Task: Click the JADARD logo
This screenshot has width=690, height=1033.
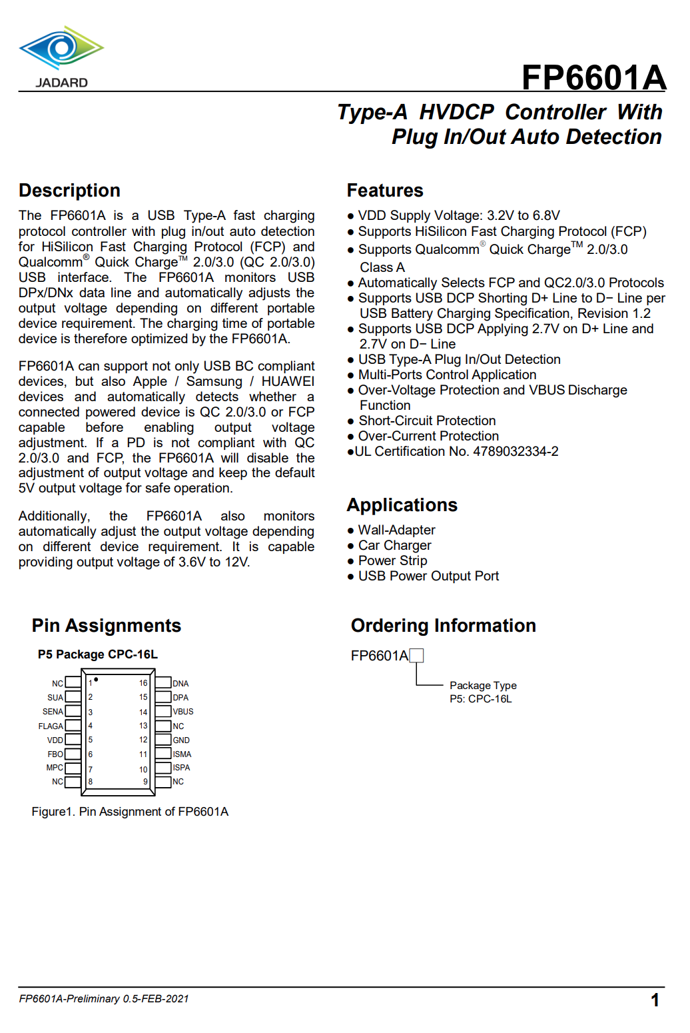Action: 61,57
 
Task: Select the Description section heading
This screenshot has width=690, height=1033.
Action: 69,191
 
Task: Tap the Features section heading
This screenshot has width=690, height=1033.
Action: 385,191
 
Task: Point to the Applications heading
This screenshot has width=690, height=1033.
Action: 402,505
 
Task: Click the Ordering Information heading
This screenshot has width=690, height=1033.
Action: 443,626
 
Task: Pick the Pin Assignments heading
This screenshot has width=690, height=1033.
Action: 107,626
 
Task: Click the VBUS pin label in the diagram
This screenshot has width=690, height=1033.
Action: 183,712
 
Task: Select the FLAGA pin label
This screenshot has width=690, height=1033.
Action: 51,726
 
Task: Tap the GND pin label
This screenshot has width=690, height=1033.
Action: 181,740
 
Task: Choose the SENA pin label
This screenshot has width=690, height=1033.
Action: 53,712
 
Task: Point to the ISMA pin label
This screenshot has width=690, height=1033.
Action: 182,754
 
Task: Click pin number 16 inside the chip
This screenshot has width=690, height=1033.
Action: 143,683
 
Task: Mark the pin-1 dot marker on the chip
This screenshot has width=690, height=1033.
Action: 96,680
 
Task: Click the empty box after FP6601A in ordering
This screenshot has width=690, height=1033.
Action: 416,656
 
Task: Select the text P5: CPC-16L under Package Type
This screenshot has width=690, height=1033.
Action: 480,699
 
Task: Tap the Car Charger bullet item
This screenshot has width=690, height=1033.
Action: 394,546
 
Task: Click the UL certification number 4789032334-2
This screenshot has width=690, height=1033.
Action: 516,452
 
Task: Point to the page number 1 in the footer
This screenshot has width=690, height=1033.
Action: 655,1000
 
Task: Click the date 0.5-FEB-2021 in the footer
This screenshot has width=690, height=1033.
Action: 156,999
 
